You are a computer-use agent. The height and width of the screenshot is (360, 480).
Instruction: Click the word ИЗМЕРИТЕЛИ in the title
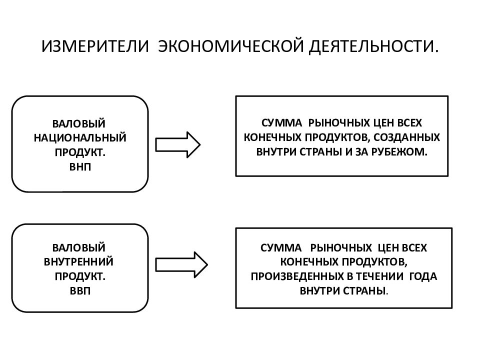(95, 46)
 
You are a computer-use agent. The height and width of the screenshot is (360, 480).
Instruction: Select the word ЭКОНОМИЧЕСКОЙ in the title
(231, 46)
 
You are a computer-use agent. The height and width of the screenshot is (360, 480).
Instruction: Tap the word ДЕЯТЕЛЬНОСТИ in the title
(370, 46)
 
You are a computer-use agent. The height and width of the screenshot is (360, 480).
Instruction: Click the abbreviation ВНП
(80, 167)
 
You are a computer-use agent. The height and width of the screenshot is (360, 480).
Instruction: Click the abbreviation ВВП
(80, 290)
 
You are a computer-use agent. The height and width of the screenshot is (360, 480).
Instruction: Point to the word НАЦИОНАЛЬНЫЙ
(80, 138)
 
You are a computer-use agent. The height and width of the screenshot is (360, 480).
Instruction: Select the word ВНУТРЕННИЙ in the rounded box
(78, 261)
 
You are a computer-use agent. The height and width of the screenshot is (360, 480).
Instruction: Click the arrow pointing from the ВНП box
(178, 145)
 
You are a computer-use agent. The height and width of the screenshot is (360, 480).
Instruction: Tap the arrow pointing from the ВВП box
(181, 265)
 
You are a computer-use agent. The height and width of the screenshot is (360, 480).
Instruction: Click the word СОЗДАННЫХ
(407, 137)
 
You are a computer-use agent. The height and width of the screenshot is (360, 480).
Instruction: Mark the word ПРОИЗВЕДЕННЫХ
(297, 276)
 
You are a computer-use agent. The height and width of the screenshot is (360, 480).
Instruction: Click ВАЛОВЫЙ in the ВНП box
(78, 123)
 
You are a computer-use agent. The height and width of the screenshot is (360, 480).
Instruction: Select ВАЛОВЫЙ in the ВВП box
(78, 247)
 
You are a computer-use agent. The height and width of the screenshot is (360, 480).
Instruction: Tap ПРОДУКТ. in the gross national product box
(80, 152)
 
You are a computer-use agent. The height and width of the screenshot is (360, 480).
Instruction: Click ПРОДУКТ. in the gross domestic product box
(80, 276)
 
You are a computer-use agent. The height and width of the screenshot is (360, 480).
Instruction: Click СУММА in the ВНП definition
(281, 123)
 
